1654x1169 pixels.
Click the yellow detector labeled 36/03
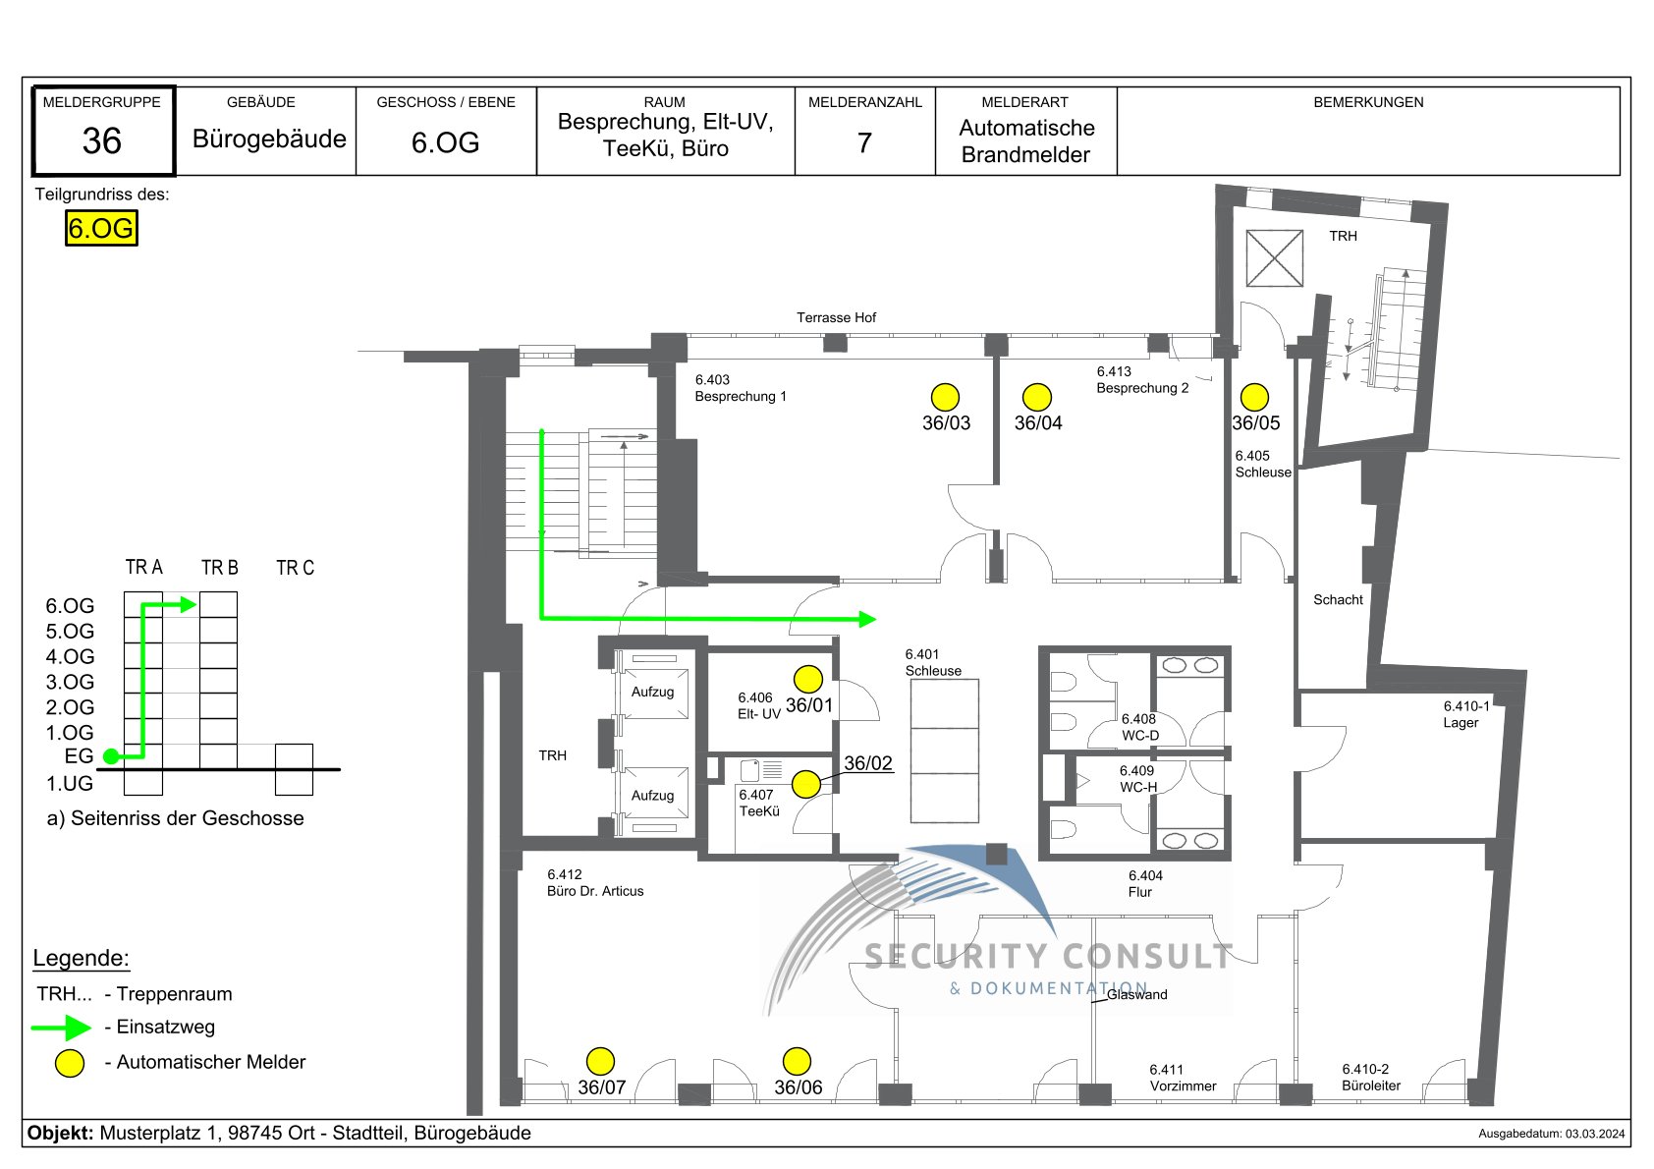[x=945, y=397]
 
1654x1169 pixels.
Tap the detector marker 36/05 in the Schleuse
[x=1254, y=397]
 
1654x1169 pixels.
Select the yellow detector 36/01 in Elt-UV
[x=808, y=679]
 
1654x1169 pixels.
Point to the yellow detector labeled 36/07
[x=600, y=1061]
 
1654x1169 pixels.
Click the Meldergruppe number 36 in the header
[x=102, y=140]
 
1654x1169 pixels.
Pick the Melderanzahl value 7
[x=864, y=142]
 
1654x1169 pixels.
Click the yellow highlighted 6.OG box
[x=101, y=228]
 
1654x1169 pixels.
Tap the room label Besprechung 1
[x=741, y=397]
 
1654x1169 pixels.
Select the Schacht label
[x=1338, y=599]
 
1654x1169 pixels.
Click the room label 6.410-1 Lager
[x=1466, y=714]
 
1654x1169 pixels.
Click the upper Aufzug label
[x=652, y=692]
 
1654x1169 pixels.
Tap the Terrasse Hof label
[x=836, y=317]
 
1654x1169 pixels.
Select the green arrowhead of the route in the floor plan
[x=867, y=619]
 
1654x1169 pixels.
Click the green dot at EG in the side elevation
[x=112, y=756]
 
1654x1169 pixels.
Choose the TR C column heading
[x=296, y=567]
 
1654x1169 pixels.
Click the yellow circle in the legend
[x=70, y=1063]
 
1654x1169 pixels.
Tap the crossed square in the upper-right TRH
[x=1275, y=258]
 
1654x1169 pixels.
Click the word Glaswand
[x=1137, y=995]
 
